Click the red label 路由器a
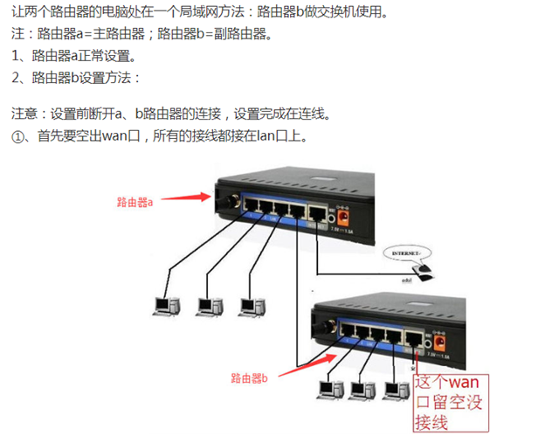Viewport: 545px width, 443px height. [135, 202]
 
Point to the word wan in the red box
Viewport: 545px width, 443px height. [464, 382]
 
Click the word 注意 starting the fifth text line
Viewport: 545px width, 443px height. [24, 114]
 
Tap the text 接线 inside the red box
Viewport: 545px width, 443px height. [431, 422]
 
